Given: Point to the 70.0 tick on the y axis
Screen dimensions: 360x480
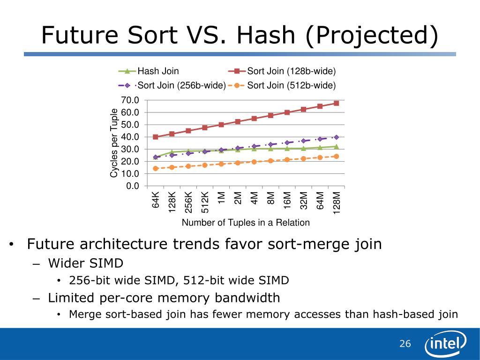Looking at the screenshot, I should pos(130,100).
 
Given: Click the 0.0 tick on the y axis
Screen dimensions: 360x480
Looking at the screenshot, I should pos(132,186).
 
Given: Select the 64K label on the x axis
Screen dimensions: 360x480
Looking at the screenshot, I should pos(156,199).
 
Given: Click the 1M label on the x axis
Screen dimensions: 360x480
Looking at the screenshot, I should pos(222,197).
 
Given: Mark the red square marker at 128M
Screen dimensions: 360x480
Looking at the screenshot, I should pos(336,103).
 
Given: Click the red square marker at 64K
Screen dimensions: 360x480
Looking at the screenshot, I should pos(156,137).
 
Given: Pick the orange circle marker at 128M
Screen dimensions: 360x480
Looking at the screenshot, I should pos(336,157).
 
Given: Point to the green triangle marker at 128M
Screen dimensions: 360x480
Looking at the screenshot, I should pos(336,147).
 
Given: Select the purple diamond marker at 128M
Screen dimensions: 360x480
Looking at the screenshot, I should pos(336,137).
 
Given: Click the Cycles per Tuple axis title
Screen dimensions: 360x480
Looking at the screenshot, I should pos(114,143).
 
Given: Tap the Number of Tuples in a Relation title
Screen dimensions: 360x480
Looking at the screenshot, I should pos(246,223).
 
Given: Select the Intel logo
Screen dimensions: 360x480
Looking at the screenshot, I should pos(445,346).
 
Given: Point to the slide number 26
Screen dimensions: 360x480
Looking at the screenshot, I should pos(405,344).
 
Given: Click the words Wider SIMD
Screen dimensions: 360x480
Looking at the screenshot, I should pos(86,262).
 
